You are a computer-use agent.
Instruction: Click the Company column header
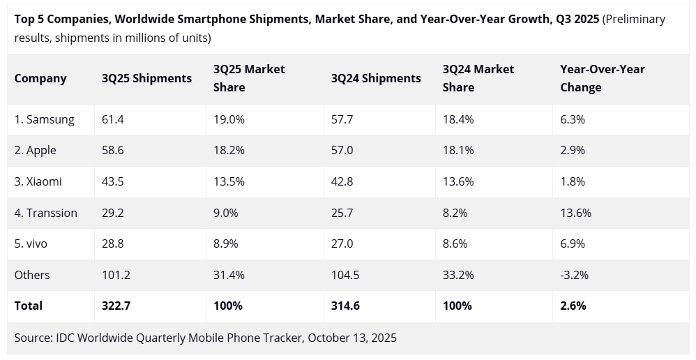40,78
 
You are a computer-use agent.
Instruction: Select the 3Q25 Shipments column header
146,78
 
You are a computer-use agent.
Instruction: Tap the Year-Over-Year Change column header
602,78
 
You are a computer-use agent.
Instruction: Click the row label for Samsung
44,119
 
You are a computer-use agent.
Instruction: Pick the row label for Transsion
45,213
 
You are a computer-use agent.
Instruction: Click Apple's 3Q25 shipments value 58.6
112,151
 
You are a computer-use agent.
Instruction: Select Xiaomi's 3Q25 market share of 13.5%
229,181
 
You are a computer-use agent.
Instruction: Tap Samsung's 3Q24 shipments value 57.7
342,119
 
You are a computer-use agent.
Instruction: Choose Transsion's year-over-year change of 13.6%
575,213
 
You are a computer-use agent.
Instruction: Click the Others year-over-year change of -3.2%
574,275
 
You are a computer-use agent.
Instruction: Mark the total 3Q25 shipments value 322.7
116,306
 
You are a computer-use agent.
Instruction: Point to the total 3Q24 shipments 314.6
345,306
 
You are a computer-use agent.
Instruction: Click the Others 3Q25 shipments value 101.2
116,275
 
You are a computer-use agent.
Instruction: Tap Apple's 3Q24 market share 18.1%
457,151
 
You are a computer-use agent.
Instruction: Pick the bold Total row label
29,306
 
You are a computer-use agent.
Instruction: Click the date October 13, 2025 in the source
351,338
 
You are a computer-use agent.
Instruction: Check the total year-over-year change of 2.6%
573,306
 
